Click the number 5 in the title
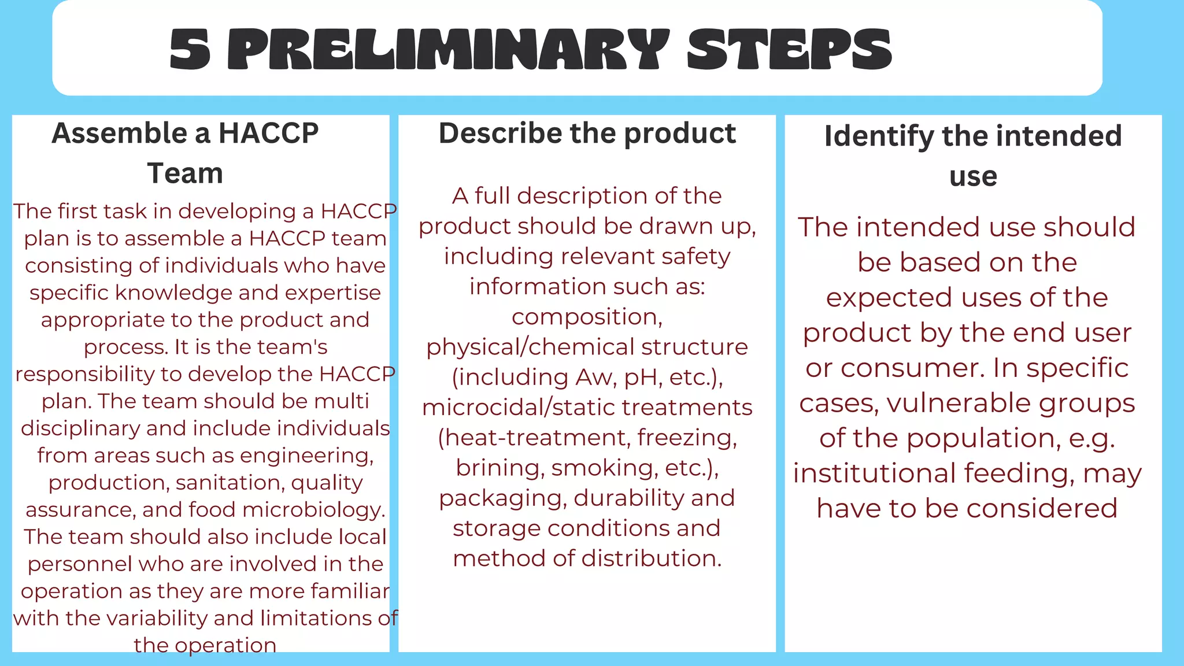[190, 50]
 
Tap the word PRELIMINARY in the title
[448, 50]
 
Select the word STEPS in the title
[790, 50]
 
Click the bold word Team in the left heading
[185, 173]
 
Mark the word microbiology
[314, 510]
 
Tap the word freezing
[687, 438]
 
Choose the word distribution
[652, 558]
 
